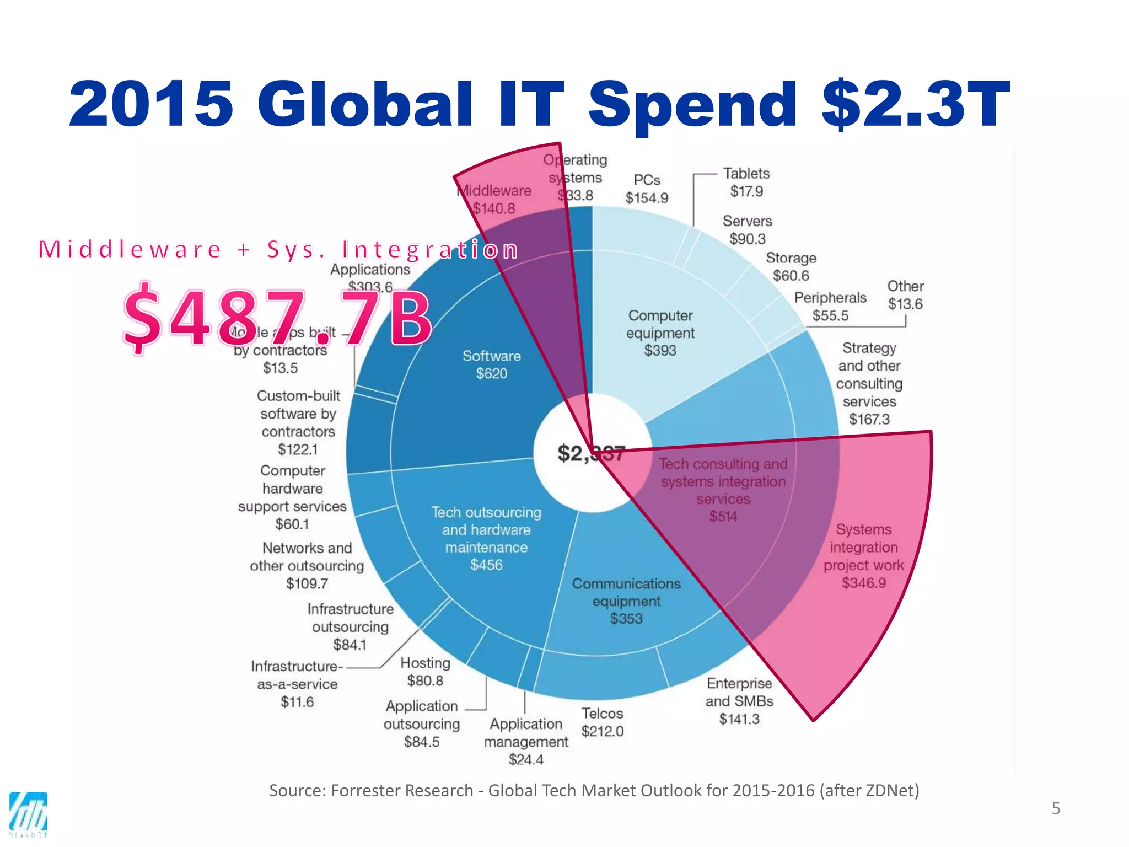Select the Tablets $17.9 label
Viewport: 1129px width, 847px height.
[746, 183]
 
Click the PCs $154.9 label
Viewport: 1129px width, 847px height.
[647, 189]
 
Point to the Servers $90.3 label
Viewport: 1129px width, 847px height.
[747, 230]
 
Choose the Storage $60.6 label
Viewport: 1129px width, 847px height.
[791, 267]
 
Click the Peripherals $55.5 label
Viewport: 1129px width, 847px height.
[830, 307]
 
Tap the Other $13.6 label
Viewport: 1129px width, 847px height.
[905, 295]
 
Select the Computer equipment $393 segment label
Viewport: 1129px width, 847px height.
[660, 333]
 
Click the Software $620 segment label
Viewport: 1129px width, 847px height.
[491, 364]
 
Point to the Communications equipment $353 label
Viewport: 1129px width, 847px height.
[626, 601]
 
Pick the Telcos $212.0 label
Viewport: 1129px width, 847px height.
[602, 722]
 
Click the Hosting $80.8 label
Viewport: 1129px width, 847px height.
[425, 672]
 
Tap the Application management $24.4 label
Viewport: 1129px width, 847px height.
[526, 741]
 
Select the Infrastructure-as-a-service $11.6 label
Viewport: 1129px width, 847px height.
[297, 684]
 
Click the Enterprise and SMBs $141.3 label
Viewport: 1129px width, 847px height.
[739, 701]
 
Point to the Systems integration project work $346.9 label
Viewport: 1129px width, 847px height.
[863, 556]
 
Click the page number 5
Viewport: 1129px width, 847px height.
[1056, 808]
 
